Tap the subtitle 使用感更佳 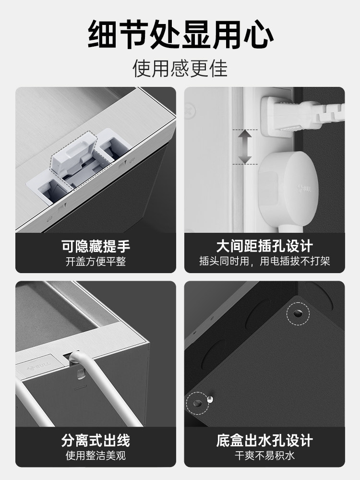tap(180, 69)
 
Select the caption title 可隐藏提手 tap(96, 247)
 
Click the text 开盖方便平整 tap(96, 262)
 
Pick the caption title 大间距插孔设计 tap(264, 247)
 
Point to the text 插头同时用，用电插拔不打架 tap(264, 262)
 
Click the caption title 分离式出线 tap(96, 440)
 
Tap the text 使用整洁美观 tap(96, 456)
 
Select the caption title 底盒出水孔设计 tap(264, 440)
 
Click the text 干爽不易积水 tap(264, 456)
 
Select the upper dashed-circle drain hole tap(298, 313)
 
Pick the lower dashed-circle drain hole tap(197, 402)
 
